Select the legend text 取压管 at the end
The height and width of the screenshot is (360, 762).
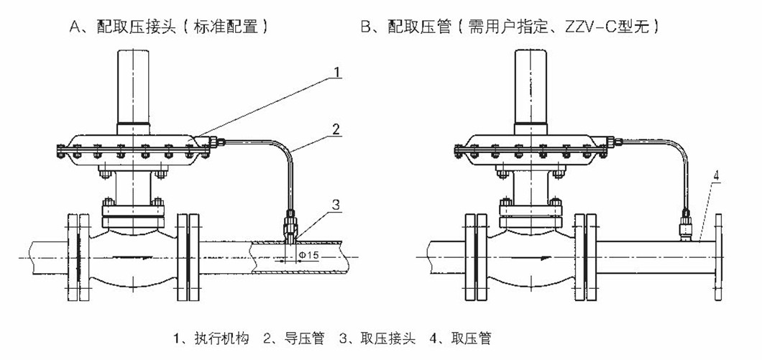pyautogui.click(x=469, y=337)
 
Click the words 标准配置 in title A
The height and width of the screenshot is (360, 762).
pyautogui.click(x=234, y=28)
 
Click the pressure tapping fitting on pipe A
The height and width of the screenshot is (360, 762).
pyautogui.click(x=290, y=226)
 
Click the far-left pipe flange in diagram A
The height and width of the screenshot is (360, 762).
pyautogui.click(x=75, y=257)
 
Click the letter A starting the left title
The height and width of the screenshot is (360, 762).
pyautogui.click(x=73, y=28)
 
